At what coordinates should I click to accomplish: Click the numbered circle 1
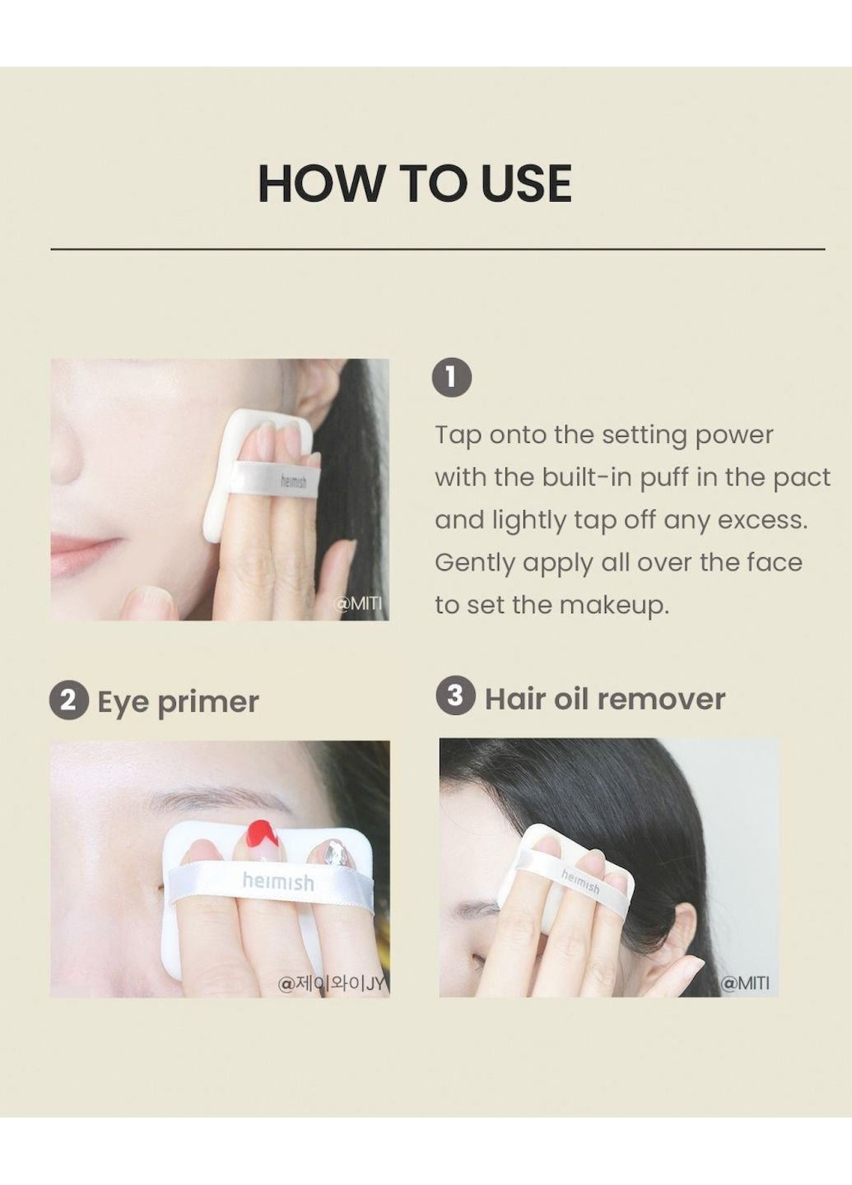(453, 378)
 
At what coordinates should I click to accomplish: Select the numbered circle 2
(68, 701)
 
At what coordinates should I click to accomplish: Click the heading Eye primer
(179, 703)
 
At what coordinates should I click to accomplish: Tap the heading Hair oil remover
(605, 699)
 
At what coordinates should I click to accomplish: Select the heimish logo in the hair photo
(580, 881)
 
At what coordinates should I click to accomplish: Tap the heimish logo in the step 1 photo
(293, 481)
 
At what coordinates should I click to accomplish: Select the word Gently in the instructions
(474, 564)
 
